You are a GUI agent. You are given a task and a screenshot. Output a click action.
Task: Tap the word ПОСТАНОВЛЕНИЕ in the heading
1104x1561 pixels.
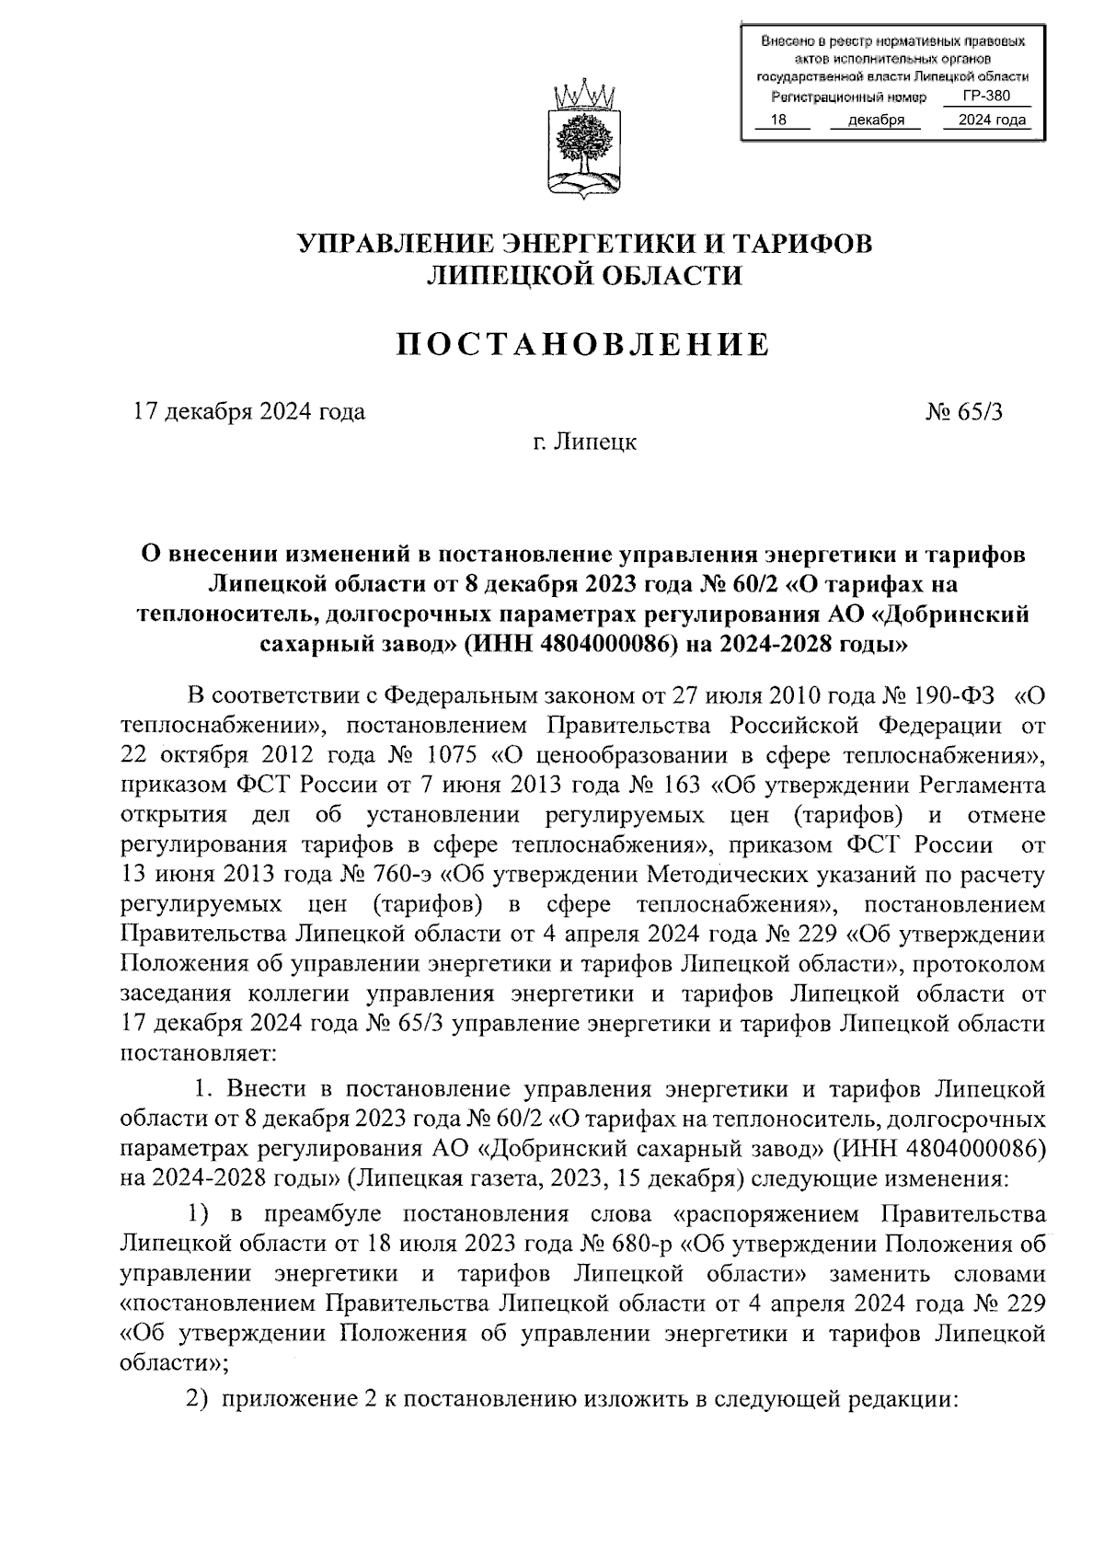[583, 345]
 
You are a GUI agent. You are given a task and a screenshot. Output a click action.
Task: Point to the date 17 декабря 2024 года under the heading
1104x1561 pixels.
[248, 411]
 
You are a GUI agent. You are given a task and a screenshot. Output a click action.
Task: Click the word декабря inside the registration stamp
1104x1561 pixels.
[876, 120]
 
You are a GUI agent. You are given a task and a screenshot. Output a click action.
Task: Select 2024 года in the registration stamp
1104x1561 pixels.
[991, 120]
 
